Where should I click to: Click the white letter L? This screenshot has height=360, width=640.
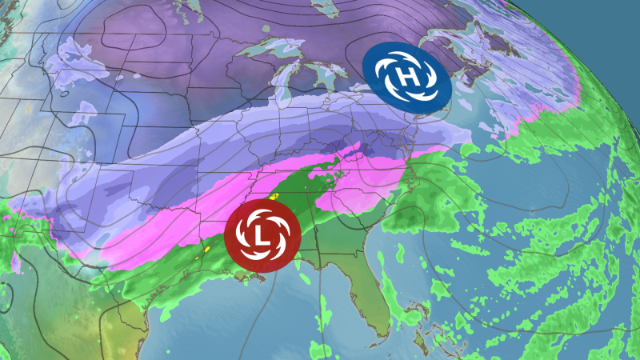[x=258, y=233]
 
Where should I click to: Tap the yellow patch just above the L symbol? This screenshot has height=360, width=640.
[x=274, y=195]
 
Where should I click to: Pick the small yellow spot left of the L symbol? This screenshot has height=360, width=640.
[x=206, y=249]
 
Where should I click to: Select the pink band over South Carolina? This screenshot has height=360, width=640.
[x=352, y=197]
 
